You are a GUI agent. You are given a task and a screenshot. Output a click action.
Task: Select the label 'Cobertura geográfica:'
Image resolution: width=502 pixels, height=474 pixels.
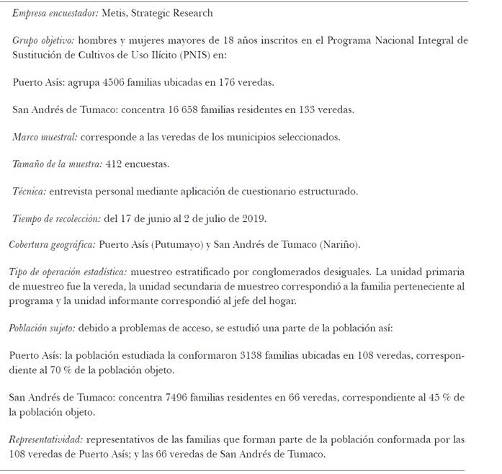click(x=52, y=245)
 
